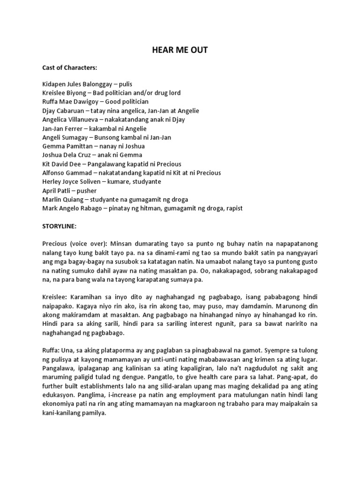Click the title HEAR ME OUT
click(180, 50)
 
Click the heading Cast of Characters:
click(69, 67)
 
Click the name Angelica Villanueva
click(71, 120)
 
